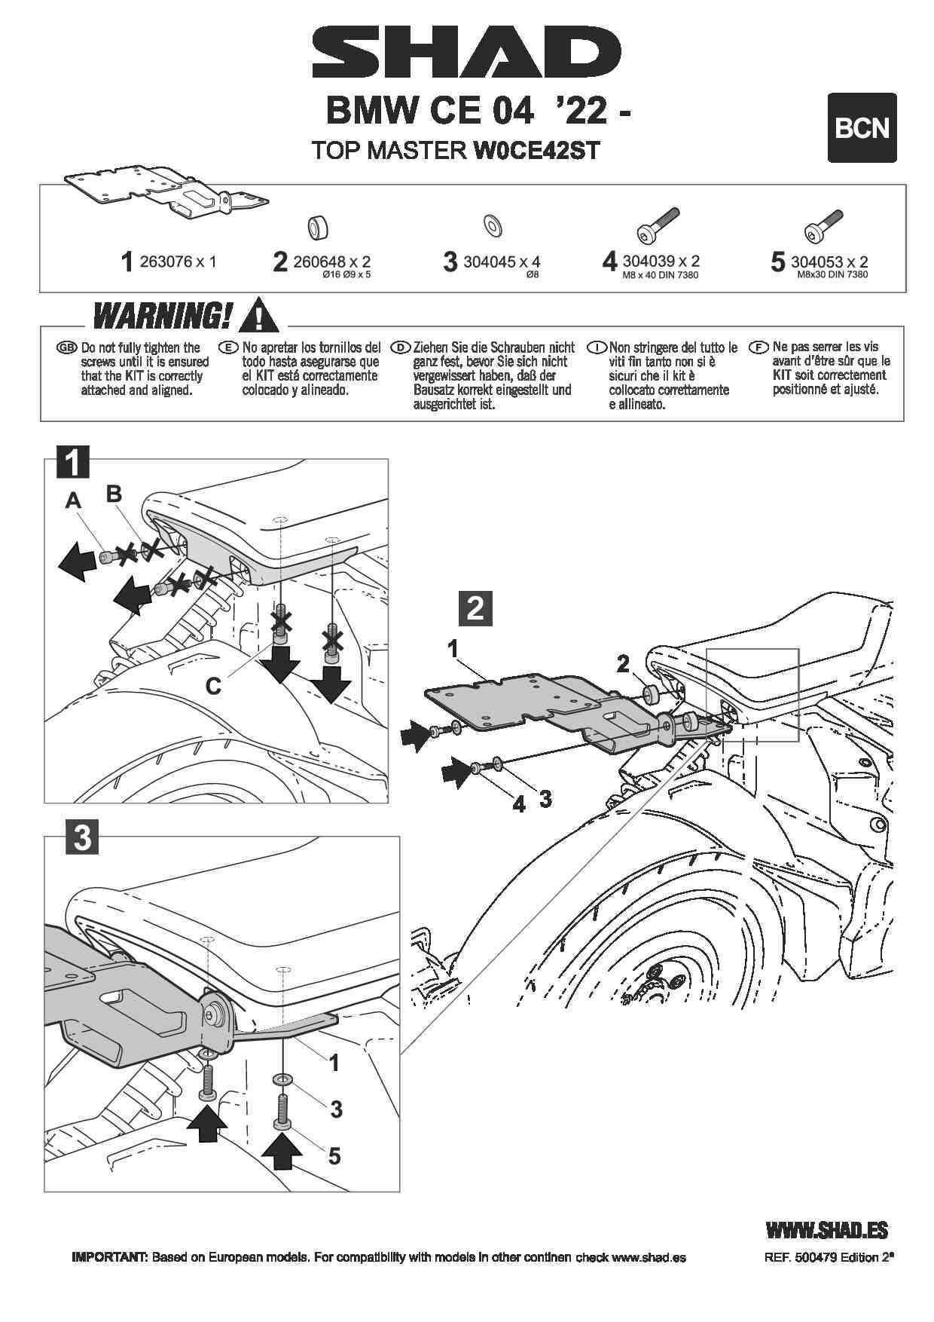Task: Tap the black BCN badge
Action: pyautogui.click(x=862, y=127)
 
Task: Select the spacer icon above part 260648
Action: pyautogui.click(x=319, y=226)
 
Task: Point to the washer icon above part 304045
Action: pyautogui.click(x=494, y=224)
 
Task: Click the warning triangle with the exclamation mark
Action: pyautogui.click(x=258, y=316)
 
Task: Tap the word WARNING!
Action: pyautogui.click(x=162, y=315)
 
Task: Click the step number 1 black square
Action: pyautogui.click(x=73, y=461)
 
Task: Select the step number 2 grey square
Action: pyautogui.click(x=475, y=608)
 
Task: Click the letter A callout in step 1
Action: pyautogui.click(x=73, y=500)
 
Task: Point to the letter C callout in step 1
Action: pyautogui.click(x=214, y=686)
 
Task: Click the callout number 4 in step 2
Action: pyautogui.click(x=519, y=804)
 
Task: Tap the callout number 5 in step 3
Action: pyautogui.click(x=334, y=1155)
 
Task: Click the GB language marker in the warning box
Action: pyautogui.click(x=67, y=347)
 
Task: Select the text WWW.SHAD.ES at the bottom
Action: pyautogui.click(x=826, y=1231)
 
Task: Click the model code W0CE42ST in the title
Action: pyautogui.click(x=536, y=150)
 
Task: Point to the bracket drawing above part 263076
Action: pyautogui.click(x=166, y=191)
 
